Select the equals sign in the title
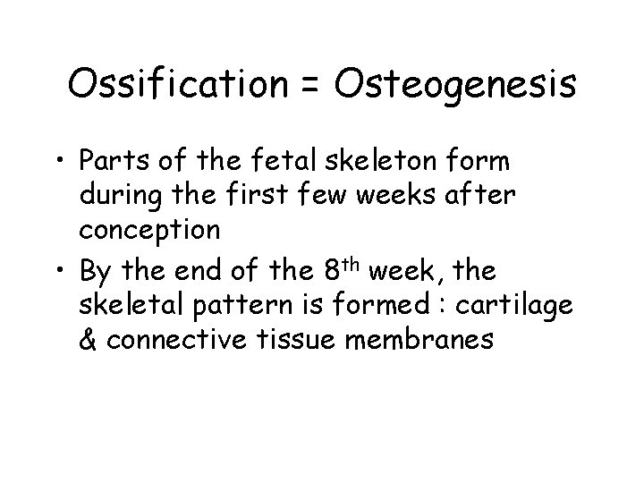coord(313,87)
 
